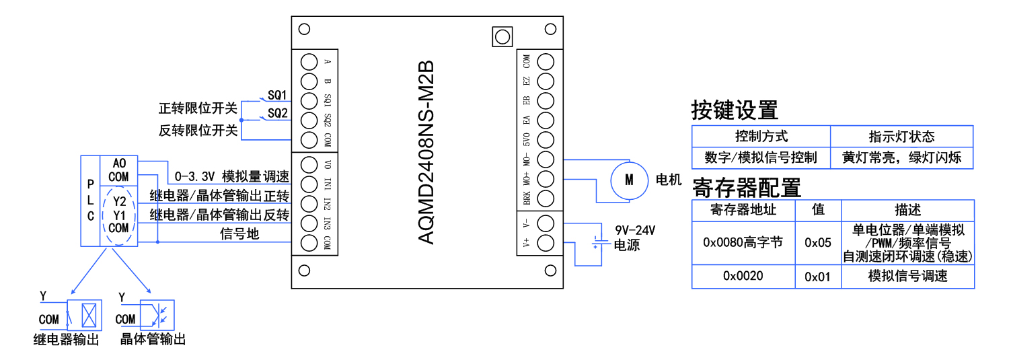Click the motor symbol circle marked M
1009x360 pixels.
(x=630, y=180)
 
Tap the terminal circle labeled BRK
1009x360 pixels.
(x=546, y=199)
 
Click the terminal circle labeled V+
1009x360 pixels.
(x=546, y=243)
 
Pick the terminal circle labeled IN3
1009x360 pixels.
(x=309, y=223)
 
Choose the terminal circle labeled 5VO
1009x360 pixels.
(x=546, y=140)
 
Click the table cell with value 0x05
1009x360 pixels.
(x=818, y=242)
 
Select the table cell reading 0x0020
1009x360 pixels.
(x=743, y=276)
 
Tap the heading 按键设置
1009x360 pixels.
(x=734, y=110)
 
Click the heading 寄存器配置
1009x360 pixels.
(x=746, y=186)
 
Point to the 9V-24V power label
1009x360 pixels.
(x=635, y=230)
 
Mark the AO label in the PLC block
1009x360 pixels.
(x=119, y=164)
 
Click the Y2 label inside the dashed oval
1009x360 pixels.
(x=119, y=201)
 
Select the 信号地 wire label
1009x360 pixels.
(x=239, y=234)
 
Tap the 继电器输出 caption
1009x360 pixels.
(x=66, y=340)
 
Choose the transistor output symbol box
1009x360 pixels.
(x=162, y=314)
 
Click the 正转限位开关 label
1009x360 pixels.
(x=198, y=109)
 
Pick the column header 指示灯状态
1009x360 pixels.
(x=901, y=137)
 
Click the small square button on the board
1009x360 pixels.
(x=502, y=36)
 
